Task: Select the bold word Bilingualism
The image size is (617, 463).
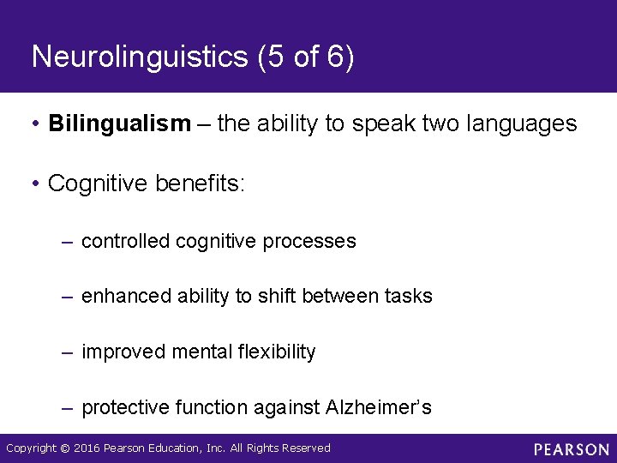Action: (120, 124)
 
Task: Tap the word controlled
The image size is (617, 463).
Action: (125, 242)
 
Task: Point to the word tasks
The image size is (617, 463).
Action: (409, 297)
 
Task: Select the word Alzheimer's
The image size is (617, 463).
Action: (379, 407)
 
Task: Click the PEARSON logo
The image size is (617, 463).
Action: (571, 449)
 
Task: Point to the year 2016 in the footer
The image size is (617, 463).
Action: (86, 448)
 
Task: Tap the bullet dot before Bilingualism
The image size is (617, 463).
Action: (36, 125)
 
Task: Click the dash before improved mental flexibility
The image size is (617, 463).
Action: (67, 352)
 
